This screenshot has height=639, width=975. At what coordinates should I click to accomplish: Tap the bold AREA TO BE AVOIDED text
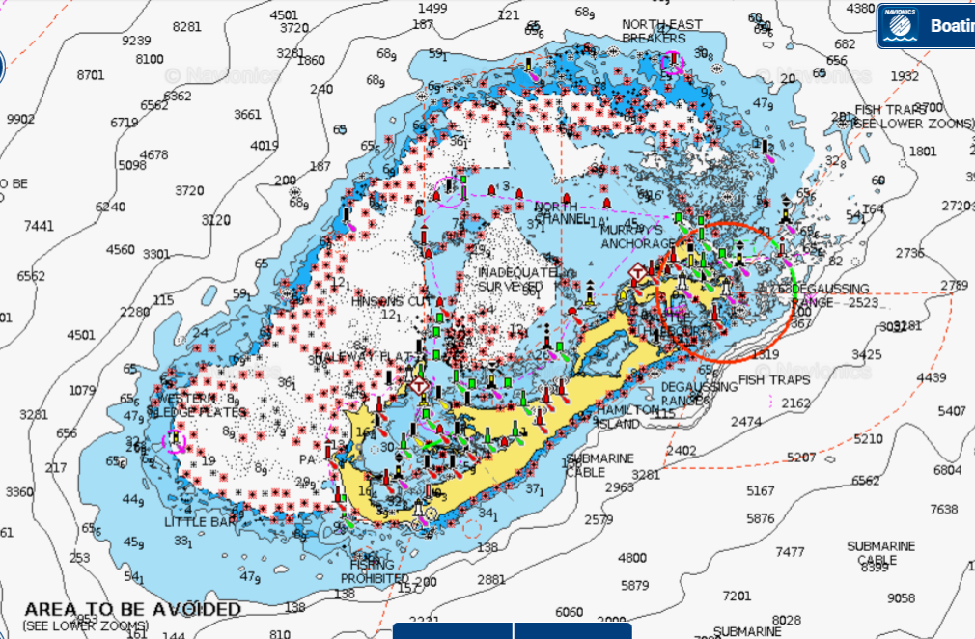(x=132, y=610)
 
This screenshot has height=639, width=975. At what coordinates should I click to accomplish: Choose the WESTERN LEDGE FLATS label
(x=200, y=405)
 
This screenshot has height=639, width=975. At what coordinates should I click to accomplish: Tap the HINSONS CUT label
(x=389, y=301)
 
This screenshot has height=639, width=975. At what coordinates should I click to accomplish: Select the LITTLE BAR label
(x=201, y=521)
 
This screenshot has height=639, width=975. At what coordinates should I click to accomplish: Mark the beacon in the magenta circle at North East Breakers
(x=673, y=63)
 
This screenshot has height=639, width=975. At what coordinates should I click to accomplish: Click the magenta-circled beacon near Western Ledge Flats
(x=175, y=441)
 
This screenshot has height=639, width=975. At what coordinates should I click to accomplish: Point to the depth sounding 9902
(x=20, y=119)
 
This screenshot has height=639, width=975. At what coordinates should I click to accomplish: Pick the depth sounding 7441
(x=39, y=225)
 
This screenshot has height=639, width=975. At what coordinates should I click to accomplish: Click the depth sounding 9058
(x=901, y=598)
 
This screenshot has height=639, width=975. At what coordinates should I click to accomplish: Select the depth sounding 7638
(x=943, y=509)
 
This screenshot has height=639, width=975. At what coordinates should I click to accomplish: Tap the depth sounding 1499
(x=432, y=8)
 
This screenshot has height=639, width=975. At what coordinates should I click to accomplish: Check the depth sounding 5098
(x=132, y=164)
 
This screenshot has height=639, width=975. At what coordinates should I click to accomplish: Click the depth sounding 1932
(x=905, y=76)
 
